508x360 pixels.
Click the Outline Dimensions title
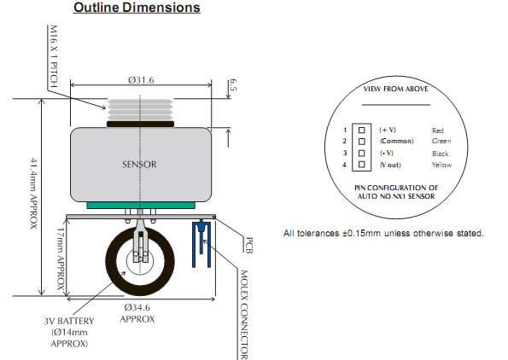click(137, 8)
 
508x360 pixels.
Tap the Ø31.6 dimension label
click(141, 79)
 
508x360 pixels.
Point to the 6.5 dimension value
click(233, 85)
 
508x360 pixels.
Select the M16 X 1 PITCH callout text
click(54, 56)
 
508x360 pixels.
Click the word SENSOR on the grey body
click(139, 165)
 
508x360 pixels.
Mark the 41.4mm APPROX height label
click(34, 194)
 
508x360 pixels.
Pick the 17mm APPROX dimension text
click(61, 259)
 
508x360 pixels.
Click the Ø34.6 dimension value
click(137, 307)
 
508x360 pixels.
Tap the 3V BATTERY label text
click(69, 321)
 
